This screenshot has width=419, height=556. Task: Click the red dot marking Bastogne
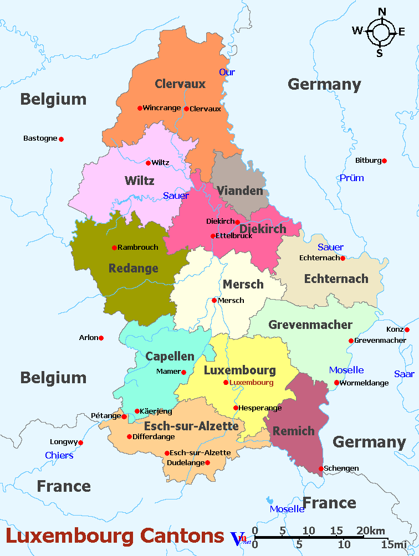61,139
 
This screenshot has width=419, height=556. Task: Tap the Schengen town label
341,469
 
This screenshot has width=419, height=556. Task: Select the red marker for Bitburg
384,161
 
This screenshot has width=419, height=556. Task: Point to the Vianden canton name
239,191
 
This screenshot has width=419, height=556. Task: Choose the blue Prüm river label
351,178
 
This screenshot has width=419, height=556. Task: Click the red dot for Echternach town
343,258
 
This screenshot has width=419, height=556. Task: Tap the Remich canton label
294,431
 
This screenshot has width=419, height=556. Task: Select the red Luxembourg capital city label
252,383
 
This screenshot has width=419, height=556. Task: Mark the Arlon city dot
101,338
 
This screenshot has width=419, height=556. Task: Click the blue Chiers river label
59,455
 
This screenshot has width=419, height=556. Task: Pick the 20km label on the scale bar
371,531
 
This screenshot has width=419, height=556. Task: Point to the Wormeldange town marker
336,383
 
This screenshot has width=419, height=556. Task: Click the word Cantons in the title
182,536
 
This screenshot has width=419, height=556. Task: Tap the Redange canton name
133,269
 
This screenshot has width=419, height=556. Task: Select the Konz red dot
407,330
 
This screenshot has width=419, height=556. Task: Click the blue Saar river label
404,374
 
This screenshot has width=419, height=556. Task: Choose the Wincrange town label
162,108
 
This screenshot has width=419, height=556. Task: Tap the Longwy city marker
80,442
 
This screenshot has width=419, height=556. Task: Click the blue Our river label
227,72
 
